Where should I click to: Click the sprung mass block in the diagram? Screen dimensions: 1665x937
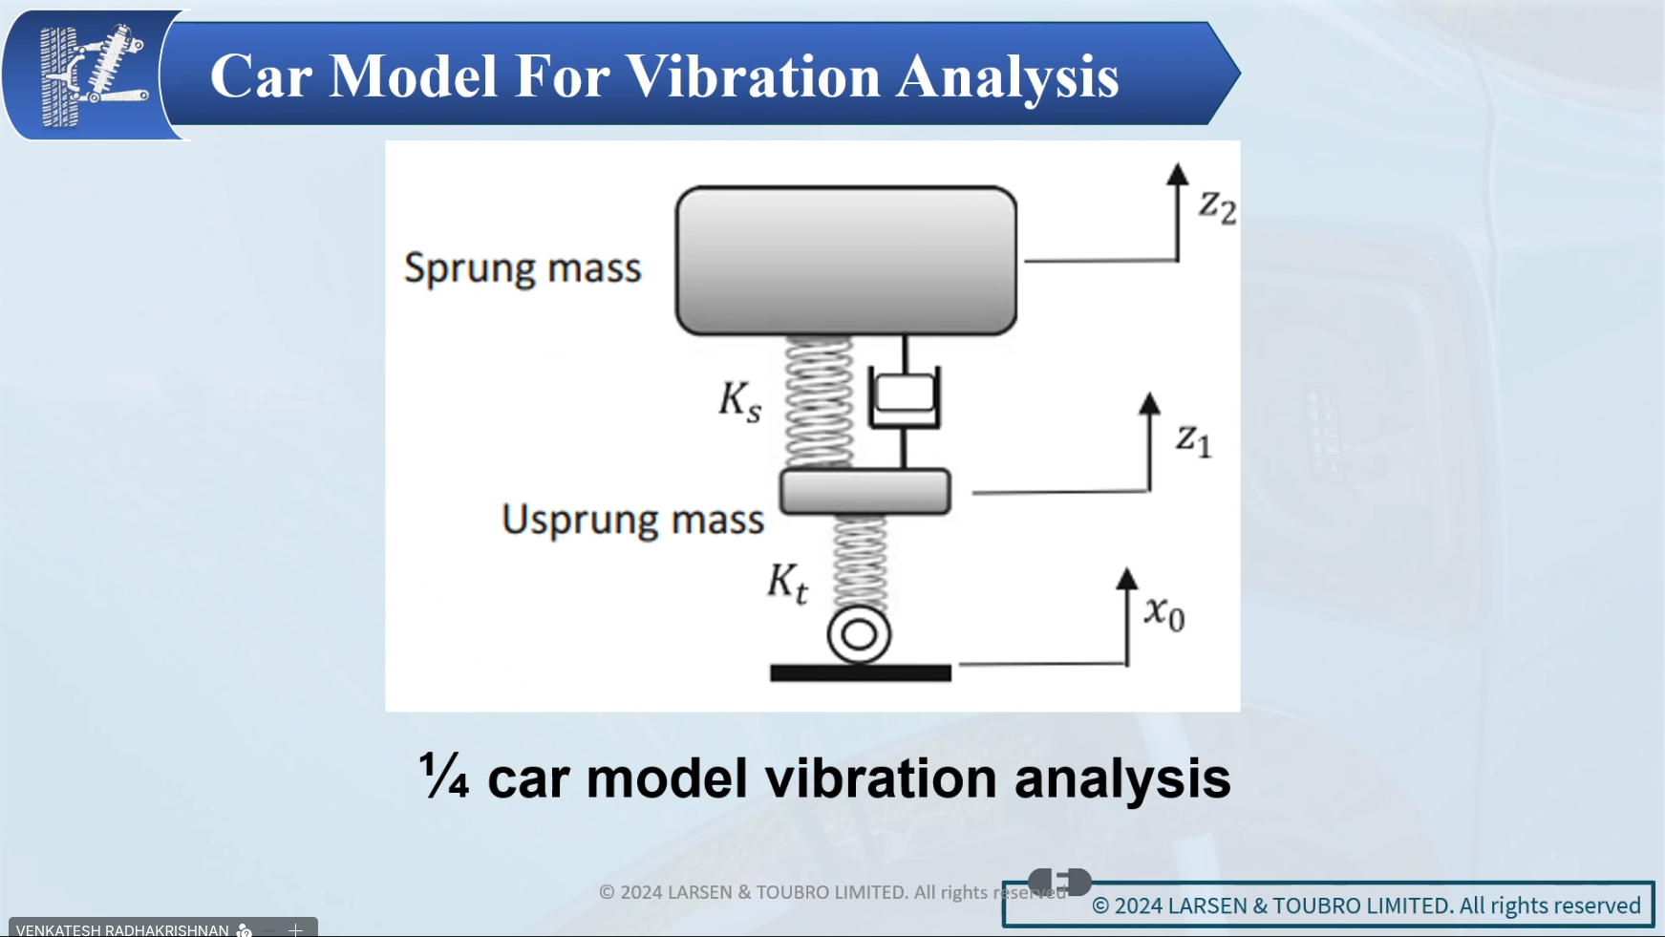845,261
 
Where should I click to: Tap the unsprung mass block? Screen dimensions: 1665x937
865,492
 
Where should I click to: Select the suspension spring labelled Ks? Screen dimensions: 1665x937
819,402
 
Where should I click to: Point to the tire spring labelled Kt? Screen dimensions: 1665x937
860,563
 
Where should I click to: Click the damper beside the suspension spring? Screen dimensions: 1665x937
905,401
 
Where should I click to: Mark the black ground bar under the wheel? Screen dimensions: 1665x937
861,673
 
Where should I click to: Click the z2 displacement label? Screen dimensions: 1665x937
1218,206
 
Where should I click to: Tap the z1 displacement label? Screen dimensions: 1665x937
1194,440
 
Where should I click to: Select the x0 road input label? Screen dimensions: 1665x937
1165,613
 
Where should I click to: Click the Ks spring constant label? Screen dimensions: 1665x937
740,401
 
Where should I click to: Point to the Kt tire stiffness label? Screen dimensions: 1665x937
788,583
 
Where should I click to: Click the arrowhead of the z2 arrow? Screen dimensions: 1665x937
1178,174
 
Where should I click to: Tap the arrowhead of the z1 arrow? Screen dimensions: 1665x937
1150,403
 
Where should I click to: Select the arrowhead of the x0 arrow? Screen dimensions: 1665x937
1127,579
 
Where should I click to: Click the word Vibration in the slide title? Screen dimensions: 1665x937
753,76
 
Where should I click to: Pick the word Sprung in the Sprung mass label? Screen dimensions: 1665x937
470,268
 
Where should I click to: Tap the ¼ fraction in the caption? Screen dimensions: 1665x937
444,775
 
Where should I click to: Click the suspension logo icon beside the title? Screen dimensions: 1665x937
94,75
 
